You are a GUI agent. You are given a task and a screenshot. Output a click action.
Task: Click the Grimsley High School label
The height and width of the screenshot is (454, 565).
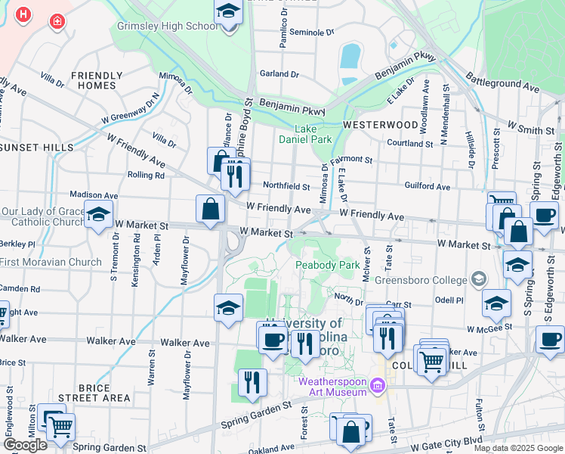[x=167, y=26]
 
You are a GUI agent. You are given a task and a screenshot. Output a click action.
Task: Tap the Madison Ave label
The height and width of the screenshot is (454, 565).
[x=94, y=194]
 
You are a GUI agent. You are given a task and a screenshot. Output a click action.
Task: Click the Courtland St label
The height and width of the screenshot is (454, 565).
[x=409, y=143]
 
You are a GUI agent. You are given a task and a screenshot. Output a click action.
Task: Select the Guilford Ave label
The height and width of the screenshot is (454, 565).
[x=427, y=186]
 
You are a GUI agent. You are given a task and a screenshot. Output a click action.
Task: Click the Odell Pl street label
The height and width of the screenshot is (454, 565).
[x=449, y=301]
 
